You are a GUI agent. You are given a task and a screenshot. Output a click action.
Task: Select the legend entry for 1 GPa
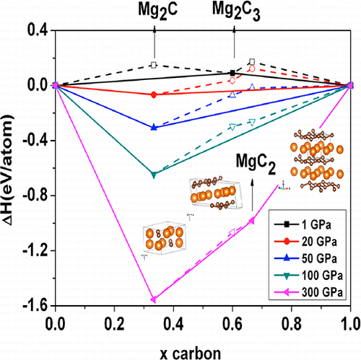(301, 216)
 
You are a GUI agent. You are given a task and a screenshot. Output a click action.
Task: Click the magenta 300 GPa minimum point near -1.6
(153, 299)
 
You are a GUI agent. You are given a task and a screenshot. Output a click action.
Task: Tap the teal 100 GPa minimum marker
(153, 175)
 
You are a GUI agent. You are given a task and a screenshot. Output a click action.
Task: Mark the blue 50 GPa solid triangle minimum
(153, 127)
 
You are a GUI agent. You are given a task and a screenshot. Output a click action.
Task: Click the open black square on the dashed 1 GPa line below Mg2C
(153, 65)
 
